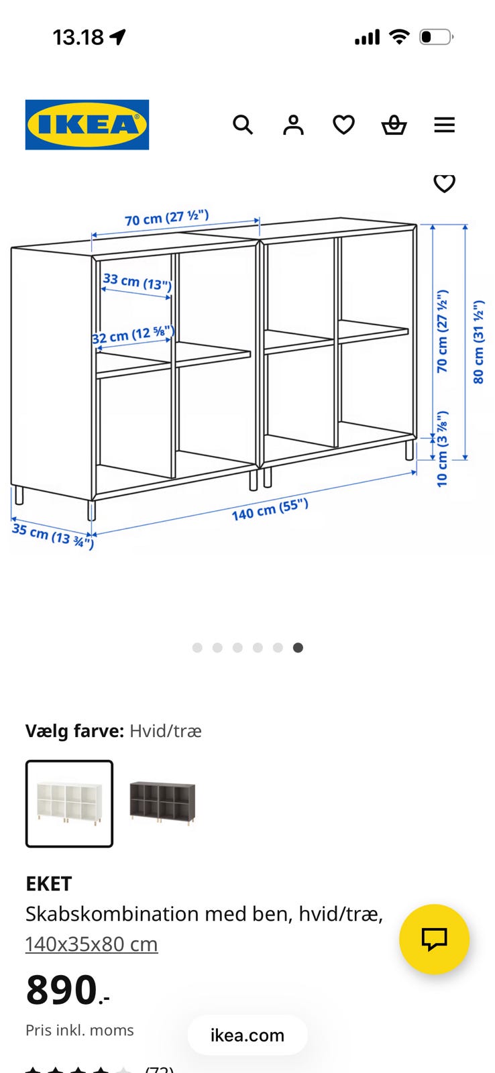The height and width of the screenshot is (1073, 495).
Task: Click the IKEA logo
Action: [87, 125]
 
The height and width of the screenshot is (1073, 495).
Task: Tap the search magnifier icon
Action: [242, 125]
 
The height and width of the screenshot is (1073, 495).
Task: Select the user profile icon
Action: [293, 125]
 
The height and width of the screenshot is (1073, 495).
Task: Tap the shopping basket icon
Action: [394, 125]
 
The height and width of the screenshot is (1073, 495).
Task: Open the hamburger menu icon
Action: [444, 125]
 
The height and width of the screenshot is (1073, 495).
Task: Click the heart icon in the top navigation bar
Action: [343, 125]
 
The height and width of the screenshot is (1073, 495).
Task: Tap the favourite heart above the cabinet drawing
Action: [444, 184]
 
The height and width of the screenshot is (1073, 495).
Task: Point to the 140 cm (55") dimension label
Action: [270, 509]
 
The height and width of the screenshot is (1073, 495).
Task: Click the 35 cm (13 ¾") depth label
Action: [53, 536]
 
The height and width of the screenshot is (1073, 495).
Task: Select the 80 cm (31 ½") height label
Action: [478, 342]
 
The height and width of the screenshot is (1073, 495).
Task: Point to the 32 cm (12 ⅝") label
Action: [133, 335]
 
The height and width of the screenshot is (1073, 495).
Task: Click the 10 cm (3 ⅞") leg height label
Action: [442, 449]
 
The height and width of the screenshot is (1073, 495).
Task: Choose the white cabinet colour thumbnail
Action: [70, 804]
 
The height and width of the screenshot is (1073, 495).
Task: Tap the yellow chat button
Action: [434, 939]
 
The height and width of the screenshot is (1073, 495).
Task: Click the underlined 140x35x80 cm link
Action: [91, 944]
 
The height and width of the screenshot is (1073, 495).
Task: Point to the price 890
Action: [68, 990]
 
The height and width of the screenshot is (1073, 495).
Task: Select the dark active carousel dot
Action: [298, 648]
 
